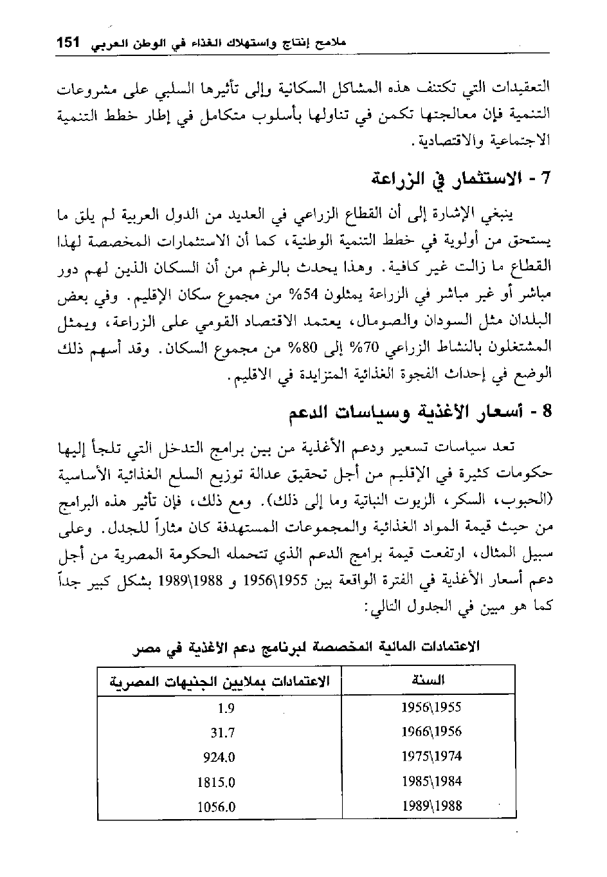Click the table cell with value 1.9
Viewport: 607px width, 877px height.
226,708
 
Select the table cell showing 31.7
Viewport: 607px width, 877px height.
222,732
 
